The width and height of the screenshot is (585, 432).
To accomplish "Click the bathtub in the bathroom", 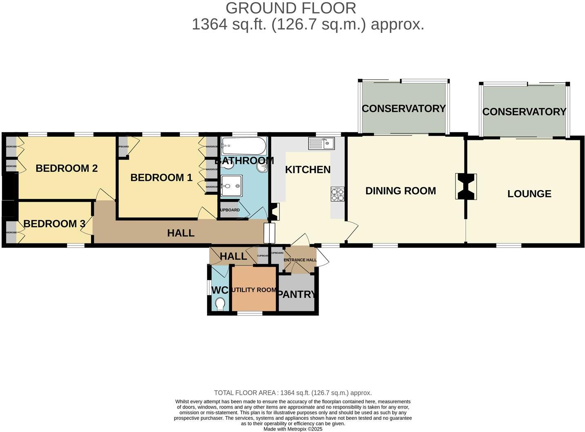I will (244, 145).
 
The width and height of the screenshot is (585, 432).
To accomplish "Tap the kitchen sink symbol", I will (322, 143).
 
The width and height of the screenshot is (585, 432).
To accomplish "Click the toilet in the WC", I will (220, 304).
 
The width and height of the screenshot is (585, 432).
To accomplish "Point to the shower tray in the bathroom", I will (231, 187).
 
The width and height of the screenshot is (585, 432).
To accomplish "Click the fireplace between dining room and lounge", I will (466, 187).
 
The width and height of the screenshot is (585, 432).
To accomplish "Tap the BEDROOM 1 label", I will (161, 178).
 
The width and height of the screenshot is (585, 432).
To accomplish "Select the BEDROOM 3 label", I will (54, 224).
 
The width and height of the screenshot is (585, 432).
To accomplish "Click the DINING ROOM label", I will (400, 191).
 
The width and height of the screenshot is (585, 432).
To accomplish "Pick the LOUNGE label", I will (529, 194).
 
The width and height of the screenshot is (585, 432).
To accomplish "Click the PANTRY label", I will (297, 294).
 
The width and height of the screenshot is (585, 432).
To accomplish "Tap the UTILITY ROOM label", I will (254, 290).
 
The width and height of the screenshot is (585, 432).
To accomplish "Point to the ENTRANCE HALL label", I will (300, 260).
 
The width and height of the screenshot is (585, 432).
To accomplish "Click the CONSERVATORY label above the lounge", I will (524, 112).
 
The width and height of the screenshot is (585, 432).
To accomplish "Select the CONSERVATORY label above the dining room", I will (404, 108).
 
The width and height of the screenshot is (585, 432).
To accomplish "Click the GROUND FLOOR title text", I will (291, 8).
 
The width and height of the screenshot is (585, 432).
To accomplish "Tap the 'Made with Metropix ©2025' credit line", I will (293, 429).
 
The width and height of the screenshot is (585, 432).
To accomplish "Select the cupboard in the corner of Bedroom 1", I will (123, 147).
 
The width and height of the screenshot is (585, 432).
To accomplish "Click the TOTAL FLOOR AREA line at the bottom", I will (293, 393).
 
